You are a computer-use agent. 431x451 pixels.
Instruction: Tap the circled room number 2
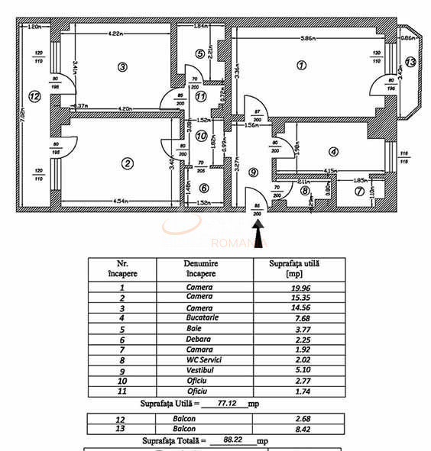click(128, 162)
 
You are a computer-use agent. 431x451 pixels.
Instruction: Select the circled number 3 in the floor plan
click(122, 66)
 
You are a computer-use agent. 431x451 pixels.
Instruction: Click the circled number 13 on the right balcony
click(411, 62)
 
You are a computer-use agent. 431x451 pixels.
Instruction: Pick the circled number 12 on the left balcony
click(33, 96)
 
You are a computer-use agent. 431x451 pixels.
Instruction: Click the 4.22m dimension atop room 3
click(116, 34)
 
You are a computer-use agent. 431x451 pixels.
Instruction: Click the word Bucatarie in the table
click(200, 314)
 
